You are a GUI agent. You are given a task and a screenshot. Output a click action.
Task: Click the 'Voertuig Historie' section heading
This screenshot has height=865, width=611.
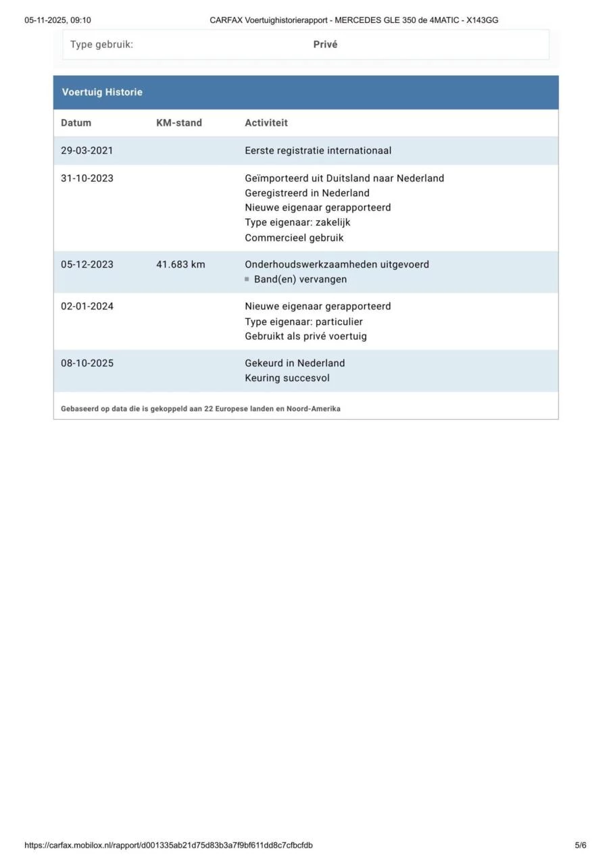pos(102,93)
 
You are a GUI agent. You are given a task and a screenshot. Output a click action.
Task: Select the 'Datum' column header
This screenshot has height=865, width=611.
pos(76,123)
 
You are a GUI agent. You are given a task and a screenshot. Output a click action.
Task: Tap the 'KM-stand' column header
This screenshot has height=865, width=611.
pos(178,123)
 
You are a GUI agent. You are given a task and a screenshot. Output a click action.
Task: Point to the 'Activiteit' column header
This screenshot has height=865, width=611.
pos(266,123)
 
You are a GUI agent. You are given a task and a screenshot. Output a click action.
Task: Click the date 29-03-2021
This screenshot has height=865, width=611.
pos(87,151)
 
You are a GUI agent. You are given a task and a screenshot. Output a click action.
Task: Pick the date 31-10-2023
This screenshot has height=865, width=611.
pos(87,178)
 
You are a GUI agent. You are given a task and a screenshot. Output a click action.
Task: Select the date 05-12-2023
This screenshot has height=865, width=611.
pos(87,264)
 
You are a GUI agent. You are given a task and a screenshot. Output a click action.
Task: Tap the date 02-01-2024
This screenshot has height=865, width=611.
pos(87,306)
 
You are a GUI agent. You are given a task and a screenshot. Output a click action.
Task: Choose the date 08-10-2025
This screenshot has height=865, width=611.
pos(87,363)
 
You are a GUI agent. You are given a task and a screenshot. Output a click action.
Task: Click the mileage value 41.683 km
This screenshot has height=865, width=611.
pos(180,264)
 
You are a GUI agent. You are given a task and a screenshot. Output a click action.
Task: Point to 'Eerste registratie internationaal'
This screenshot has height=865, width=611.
pos(318,151)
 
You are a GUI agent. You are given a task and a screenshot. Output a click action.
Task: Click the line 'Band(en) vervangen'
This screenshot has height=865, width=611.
pos(300,279)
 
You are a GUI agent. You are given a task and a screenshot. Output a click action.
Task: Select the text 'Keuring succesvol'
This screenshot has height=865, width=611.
pos(287,378)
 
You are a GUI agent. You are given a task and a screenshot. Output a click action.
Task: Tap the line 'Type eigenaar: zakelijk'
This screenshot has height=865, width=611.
pos(297,222)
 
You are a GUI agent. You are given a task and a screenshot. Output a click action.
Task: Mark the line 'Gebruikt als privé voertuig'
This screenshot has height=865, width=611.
pos(305,336)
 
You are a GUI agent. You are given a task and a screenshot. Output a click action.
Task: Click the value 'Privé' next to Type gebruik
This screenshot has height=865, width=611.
pos(325,45)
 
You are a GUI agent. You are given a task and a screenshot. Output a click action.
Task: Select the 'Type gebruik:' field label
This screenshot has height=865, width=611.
pos(101,45)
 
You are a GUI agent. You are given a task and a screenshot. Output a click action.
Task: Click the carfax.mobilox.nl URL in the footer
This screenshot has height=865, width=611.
pos(168,845)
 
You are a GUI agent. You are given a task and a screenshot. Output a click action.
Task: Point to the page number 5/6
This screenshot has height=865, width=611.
pos(581,845)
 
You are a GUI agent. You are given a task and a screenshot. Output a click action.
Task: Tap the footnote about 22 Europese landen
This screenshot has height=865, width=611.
pos(200,409)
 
